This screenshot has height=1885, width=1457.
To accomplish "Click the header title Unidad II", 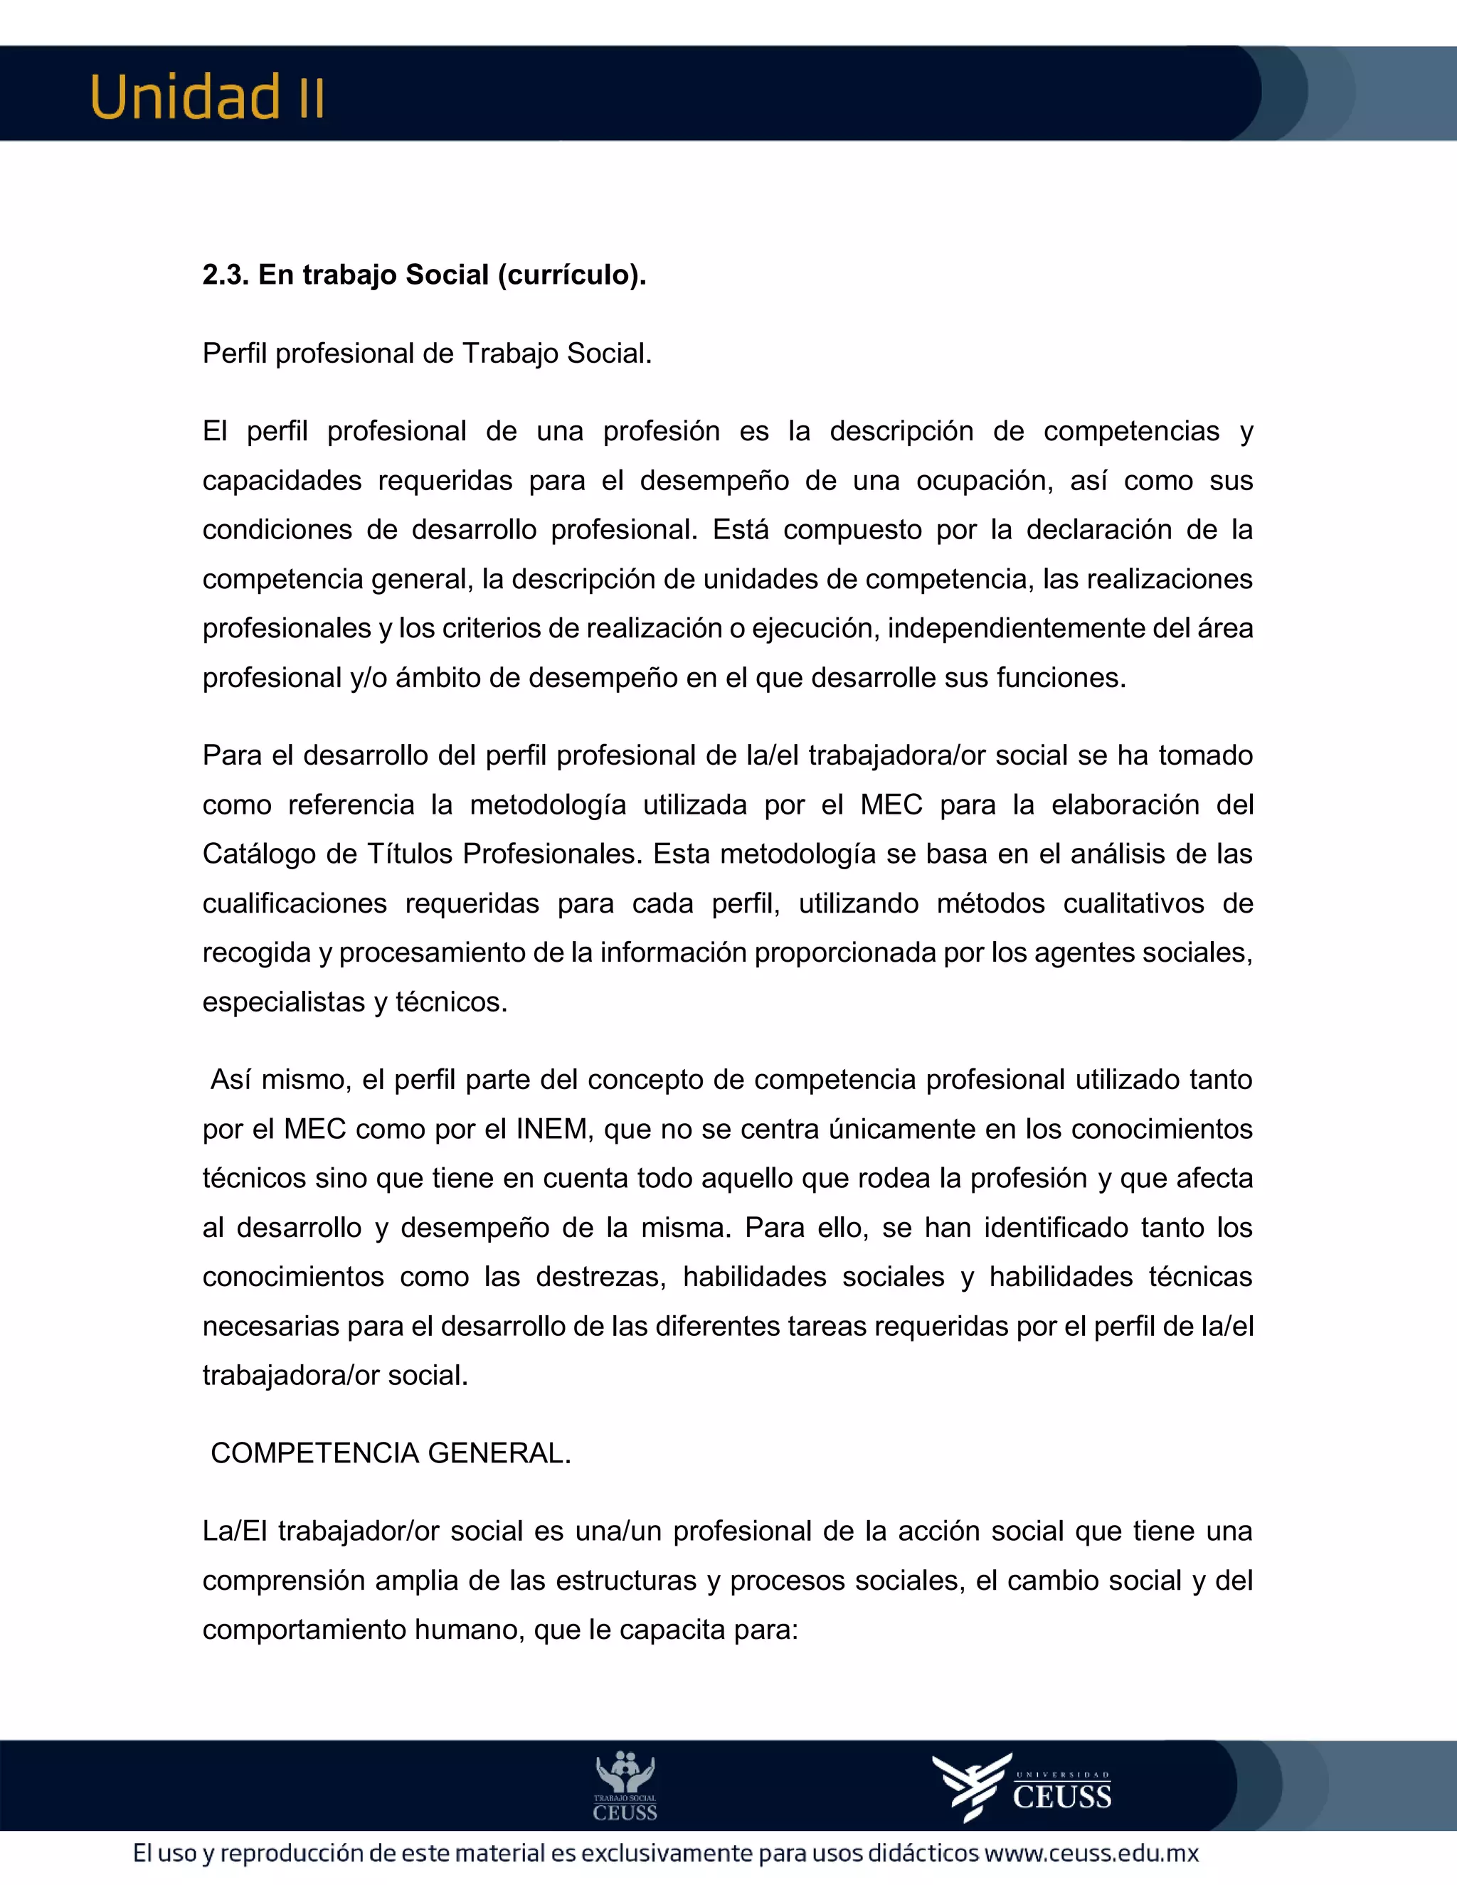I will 207,97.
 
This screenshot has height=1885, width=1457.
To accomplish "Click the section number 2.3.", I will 226,275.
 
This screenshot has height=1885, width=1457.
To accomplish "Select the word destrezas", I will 600,1277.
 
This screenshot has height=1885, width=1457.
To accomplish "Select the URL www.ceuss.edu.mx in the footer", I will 1092,1854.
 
